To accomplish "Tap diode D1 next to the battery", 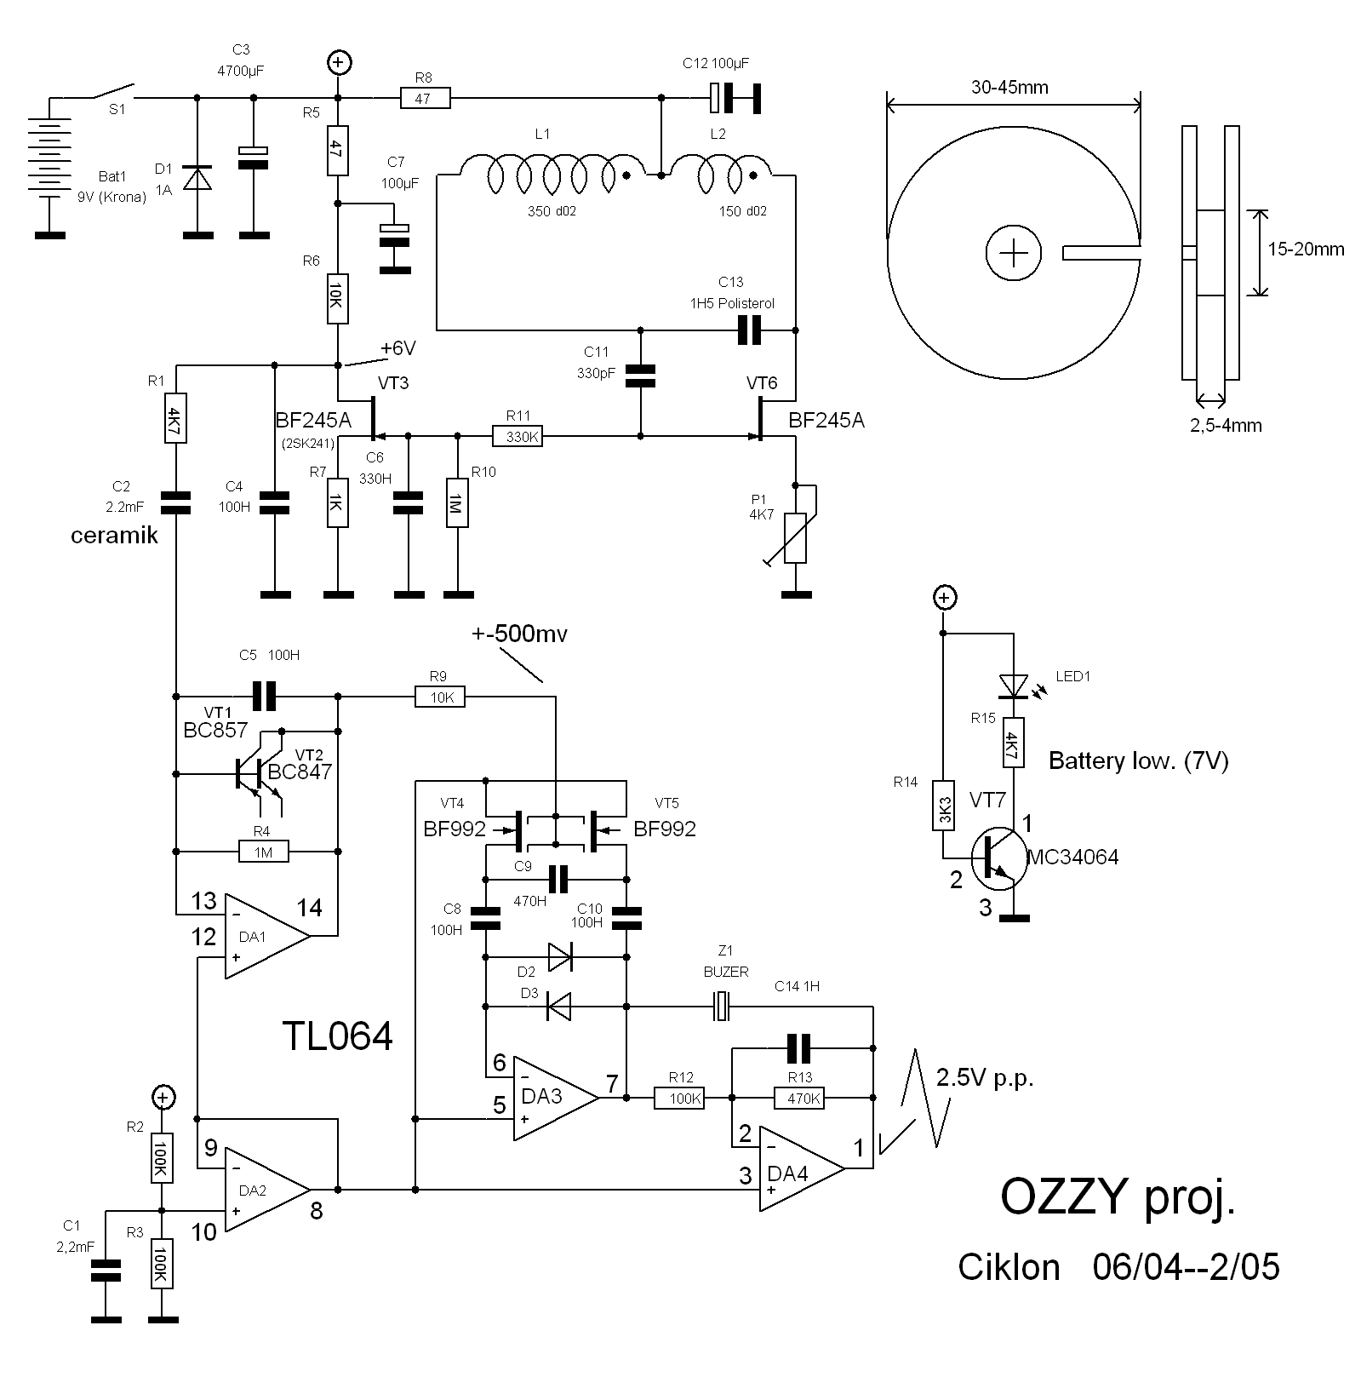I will (x=197, y=179).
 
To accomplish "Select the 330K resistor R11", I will (x=517, y=437).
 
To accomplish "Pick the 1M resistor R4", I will (x=263, y=851).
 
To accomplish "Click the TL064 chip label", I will (x=338, y=1036).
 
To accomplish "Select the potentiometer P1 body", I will (x=796, y=538).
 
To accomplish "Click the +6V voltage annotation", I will (x=398, y=348).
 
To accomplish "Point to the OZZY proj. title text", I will (x=1117, y=1197).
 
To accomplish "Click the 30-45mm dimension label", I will (x=1009, y=87).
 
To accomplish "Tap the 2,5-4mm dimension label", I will (x=1226, y=425).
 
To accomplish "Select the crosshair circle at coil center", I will (x=1013, y=253).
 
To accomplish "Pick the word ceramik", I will (x=114, y=536).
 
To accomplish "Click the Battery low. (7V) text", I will (x=1138, y=760).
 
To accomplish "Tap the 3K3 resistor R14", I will (x=943, y=805).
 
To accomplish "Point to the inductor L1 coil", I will (x=549, y=175).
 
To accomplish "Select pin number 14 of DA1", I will (x=309, y=908).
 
